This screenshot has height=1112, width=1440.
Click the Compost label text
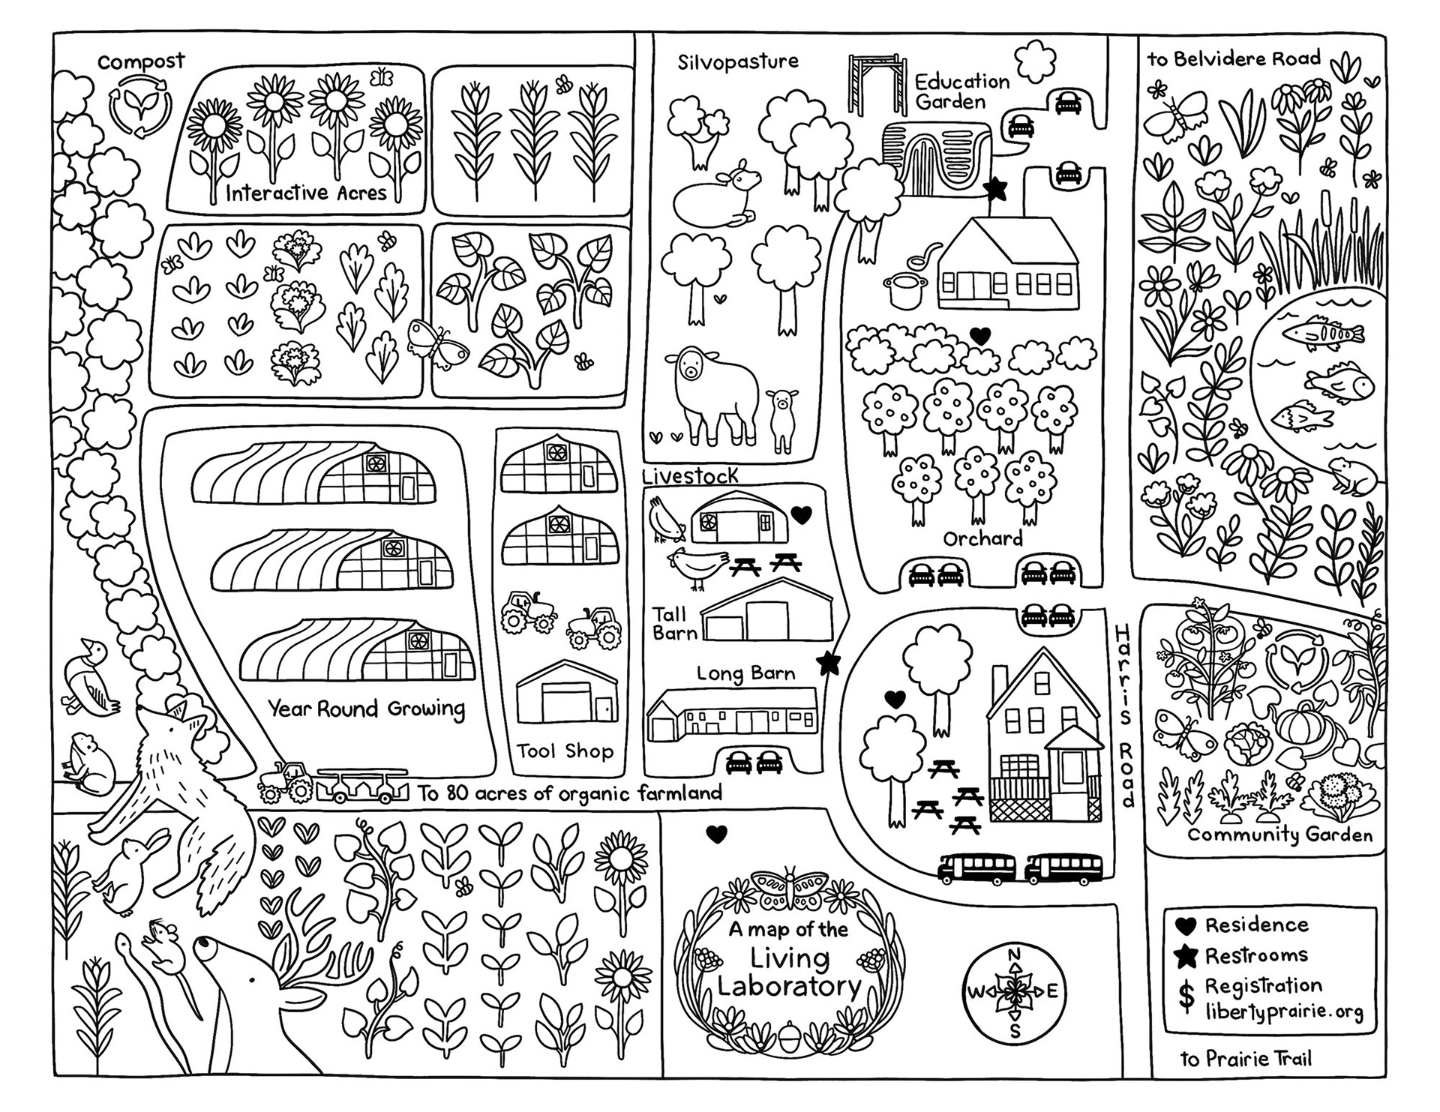click(x=141, y=62)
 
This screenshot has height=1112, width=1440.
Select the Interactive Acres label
click(x=306, y=193)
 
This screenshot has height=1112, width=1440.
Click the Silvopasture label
click(x=738, y=61)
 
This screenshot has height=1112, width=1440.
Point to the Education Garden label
click(x=961, y=91)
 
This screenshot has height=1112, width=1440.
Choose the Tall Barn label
click(x=674, y=624)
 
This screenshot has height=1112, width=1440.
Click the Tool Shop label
click(x=565, y=751)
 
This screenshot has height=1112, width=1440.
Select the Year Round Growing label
click(x=367, y=709)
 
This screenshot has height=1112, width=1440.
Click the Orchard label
click(x=982, y=538)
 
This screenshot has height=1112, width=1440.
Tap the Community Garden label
click(x=1279, y=835)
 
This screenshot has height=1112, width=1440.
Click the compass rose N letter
click(x=1014, y=955)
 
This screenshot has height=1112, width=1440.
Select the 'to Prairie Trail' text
click(x=1246, y=1059)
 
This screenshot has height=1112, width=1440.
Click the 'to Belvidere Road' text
click(x=1233, y=58)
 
